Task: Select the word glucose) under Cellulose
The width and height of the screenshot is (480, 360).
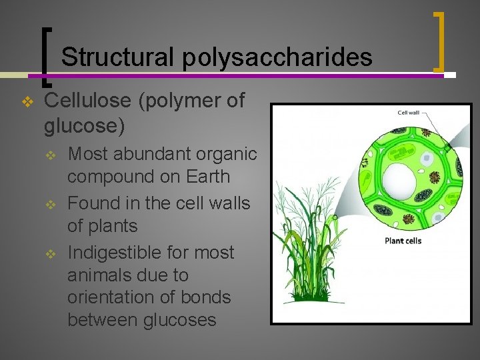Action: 83,125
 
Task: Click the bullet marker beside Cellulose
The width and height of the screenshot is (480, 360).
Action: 27,102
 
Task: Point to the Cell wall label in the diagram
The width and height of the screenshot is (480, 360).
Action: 408,113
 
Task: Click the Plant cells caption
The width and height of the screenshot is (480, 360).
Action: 403,241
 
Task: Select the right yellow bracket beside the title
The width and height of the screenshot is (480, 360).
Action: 439,41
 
